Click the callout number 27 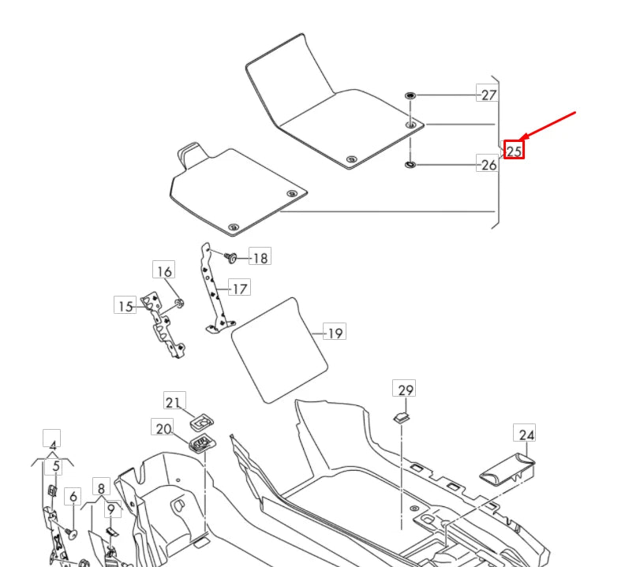pos(489,95)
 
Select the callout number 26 pos(489,165)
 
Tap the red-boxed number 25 pos(515,150)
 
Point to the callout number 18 pos(259,257)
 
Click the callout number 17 pos(239,288)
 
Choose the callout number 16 pos(163,272)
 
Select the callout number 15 pos(125,306)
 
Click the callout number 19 pos(335,333)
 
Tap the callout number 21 pos(174,401)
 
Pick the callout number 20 pos(163,428)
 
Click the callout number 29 pos(406,390)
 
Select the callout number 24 pos(526,434)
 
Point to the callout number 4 pos(53,445)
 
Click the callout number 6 pos(73,496)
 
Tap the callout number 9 pos(111,509)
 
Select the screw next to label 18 pos(232,256)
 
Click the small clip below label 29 pos(403,417)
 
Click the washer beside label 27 pos(410,95)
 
